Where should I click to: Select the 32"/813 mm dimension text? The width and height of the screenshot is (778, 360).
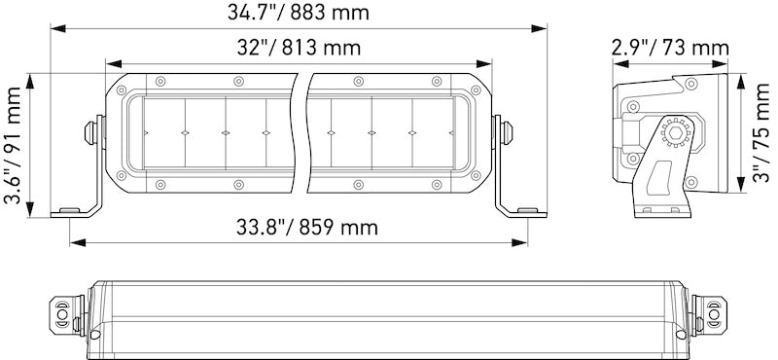(298, 48)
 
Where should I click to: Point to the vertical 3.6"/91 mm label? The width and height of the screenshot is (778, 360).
(14, 146)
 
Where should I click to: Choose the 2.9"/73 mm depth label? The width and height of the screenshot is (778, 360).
(671, 48)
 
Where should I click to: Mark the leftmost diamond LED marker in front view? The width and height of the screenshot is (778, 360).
(145, 130)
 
